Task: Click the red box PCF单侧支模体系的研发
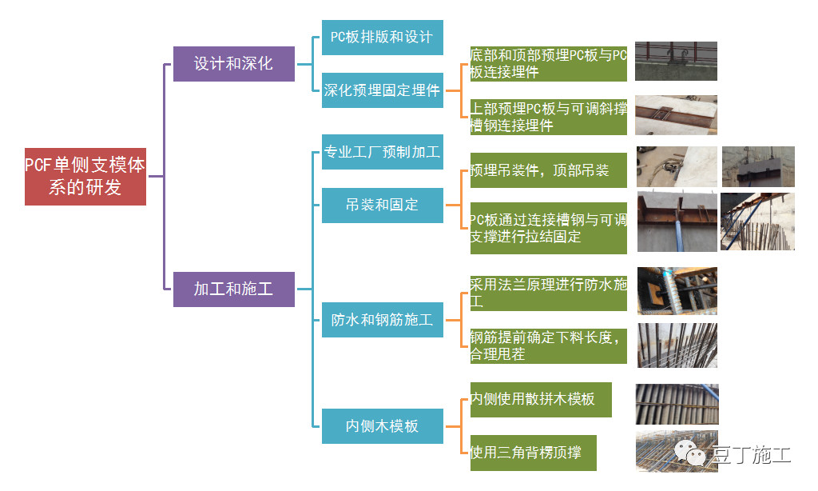[85, 176]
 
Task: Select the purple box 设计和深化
[234, 63]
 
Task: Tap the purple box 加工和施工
[234, 289]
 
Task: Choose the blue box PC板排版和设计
[382, 38]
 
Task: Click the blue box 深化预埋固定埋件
[382, 90]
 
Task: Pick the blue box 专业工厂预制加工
[382, 152]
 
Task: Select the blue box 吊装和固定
[382, 205]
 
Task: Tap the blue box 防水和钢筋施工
[382, 320]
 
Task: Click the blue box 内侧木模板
[382, 425]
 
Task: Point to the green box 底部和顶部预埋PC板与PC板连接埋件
[548, 63]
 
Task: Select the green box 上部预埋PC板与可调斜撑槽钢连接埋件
[548, 117]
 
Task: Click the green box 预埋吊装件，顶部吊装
[548, 170]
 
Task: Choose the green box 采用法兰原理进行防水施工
[548, 293]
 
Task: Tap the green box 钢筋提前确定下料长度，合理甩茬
[548, 345]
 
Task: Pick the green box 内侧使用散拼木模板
[541, 399]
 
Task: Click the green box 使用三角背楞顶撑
[533, 453]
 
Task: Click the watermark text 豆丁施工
[750, 454]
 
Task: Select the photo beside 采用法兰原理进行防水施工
[677, 290]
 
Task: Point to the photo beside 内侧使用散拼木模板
[677, 404]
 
